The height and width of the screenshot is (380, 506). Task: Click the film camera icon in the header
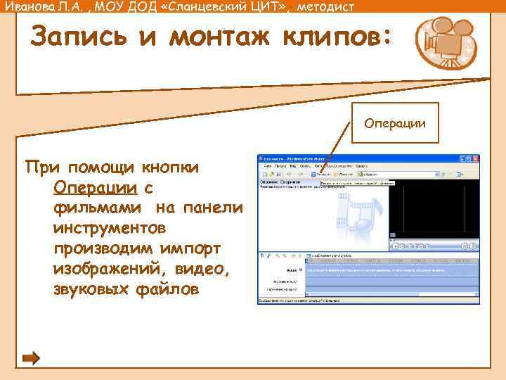coord(441,43)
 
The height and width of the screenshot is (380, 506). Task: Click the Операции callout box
coord(394,124)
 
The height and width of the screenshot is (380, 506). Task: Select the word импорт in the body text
coord(181,249)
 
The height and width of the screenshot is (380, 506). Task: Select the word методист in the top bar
coord(315,7)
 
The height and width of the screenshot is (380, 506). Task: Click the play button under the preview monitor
coord(395,246)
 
